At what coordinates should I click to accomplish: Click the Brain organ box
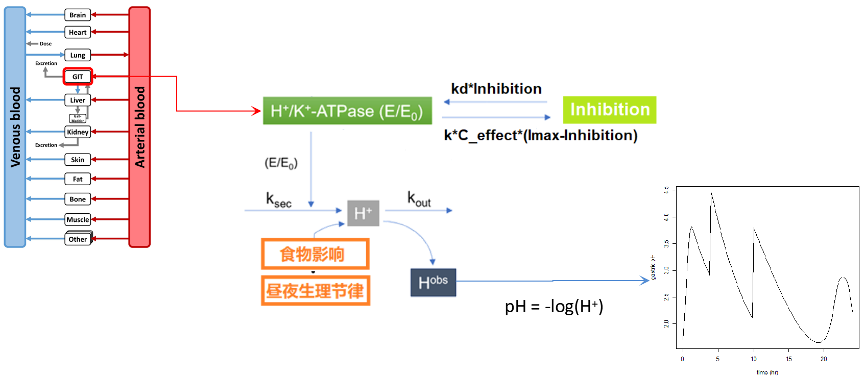click(78, 15)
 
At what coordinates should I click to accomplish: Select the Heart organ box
click(78, 32)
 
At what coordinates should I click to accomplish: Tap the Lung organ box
click(78, 55)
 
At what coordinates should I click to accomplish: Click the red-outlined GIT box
click(78, 77)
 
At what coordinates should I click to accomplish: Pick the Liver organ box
click(78, 100)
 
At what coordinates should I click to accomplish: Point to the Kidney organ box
click(78, 132)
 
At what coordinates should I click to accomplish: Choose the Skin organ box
click(78, 160)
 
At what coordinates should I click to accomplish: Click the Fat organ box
click(78, 179)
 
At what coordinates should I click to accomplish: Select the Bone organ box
click(78, 199)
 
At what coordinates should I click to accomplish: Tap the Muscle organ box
click(78, 219)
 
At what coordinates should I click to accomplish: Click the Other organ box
click(78, 239)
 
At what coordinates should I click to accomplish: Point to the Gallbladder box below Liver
click(78, 118)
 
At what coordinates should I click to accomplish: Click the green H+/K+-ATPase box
click(347, 111)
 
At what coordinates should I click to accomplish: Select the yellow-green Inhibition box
click(609, 110)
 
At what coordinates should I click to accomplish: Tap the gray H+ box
click(363, 213)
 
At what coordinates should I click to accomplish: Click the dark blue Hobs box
click(433, 282)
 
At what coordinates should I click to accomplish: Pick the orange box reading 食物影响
click(315, 254)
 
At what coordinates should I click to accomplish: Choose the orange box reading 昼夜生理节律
click(315, 291)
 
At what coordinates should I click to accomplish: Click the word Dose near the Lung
click(45, 44)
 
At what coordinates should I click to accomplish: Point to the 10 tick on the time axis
click(754, 359)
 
